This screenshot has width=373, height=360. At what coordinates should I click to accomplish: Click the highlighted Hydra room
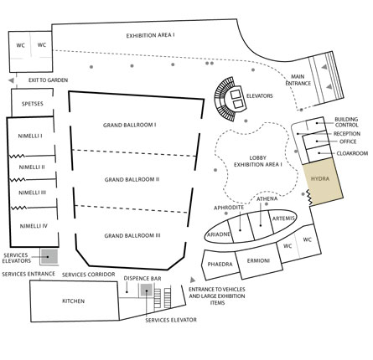[x=323, y=182]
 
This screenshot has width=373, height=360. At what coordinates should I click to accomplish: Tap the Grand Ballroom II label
[x=132, y=179]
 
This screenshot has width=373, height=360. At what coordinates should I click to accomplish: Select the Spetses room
[x=32, y=102]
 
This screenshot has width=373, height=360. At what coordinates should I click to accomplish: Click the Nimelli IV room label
[x=34, y=226]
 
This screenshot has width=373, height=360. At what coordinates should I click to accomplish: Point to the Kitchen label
[x=73, y=301]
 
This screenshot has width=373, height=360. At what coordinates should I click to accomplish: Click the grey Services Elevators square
[x=49, y=256]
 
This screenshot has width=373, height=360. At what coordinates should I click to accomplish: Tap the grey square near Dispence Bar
[x=146, y=290]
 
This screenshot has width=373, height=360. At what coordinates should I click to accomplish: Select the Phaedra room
[x=220, y=265]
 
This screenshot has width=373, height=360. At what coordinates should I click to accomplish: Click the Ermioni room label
[x=258, y=261]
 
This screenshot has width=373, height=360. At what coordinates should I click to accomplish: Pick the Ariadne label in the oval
[x=219, y=234]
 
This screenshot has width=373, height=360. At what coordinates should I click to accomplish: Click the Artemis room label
[x=283, y=219]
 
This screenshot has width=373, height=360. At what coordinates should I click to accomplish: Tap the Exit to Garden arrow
[x=11, y=80]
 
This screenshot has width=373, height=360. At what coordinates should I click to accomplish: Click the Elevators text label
[x=260, y=96]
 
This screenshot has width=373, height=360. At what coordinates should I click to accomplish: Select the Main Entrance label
[x=298, y=80]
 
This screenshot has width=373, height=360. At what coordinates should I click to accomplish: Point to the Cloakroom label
[x=352, y=153]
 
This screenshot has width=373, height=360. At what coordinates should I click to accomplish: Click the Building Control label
[x=346, y=122]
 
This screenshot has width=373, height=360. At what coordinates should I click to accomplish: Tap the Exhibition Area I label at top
[x=150, y=36]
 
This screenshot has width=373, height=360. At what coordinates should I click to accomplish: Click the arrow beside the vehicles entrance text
[x=193, y=280]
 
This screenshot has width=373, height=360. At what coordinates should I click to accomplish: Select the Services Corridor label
[x=89, y=275]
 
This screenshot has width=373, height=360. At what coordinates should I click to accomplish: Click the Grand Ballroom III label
[x=132, y=236]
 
